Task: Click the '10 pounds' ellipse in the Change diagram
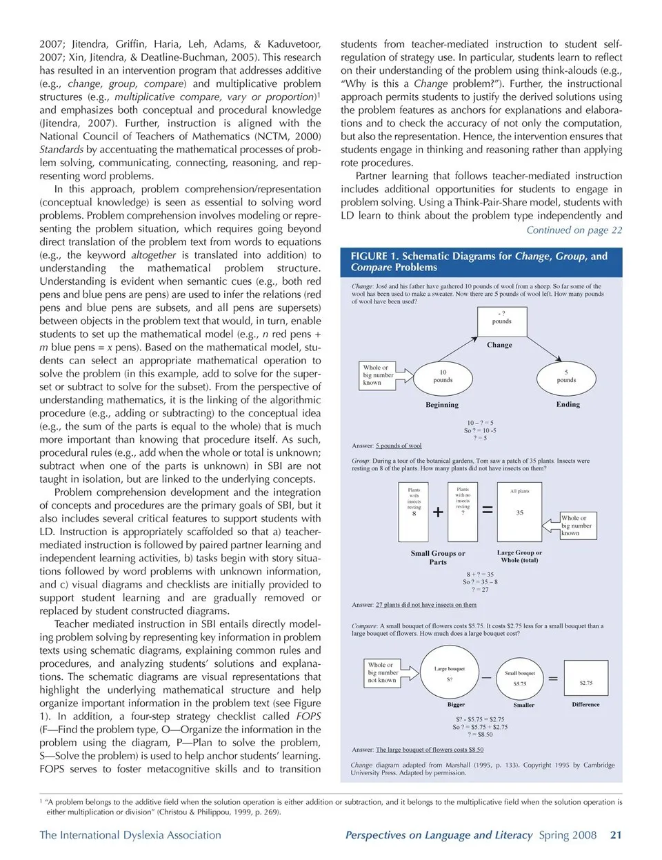[443, 377]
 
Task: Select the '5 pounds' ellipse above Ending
[566, 377]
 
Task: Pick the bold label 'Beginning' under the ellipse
[442, 405]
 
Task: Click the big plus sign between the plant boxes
[438, 512]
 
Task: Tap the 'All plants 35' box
[519, 511]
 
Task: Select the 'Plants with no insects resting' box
[463, 511]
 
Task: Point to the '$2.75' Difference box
[585, 682]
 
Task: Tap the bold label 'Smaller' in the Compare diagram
[524, 705]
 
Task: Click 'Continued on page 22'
[574, 230]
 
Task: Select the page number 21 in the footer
[616, 835]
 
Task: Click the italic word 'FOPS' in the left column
[308, 717]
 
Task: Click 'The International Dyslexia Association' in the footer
[130, 835]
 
